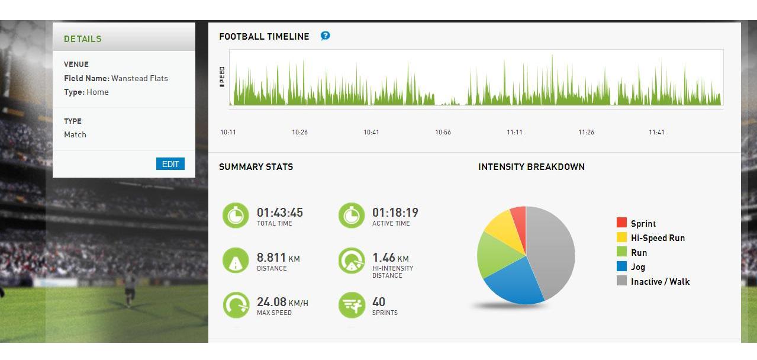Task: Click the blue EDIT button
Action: coord(170,164)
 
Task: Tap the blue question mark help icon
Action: coord(325,36)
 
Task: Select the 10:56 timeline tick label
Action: coord(443,132)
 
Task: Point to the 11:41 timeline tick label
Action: coord(656,132)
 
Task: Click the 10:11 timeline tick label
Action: coord(228,132)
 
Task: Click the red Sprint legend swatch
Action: coord(621,223)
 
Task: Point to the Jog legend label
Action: coord(638,267)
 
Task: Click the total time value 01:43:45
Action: coord(280,212)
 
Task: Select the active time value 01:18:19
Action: coord(395,212)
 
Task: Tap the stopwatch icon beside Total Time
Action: coord(236,216)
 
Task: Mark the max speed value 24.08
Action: coord(271,302)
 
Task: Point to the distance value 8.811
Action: coord(271,258)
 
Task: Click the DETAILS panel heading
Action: coord(83,39)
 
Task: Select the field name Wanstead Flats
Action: coord(140,78)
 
